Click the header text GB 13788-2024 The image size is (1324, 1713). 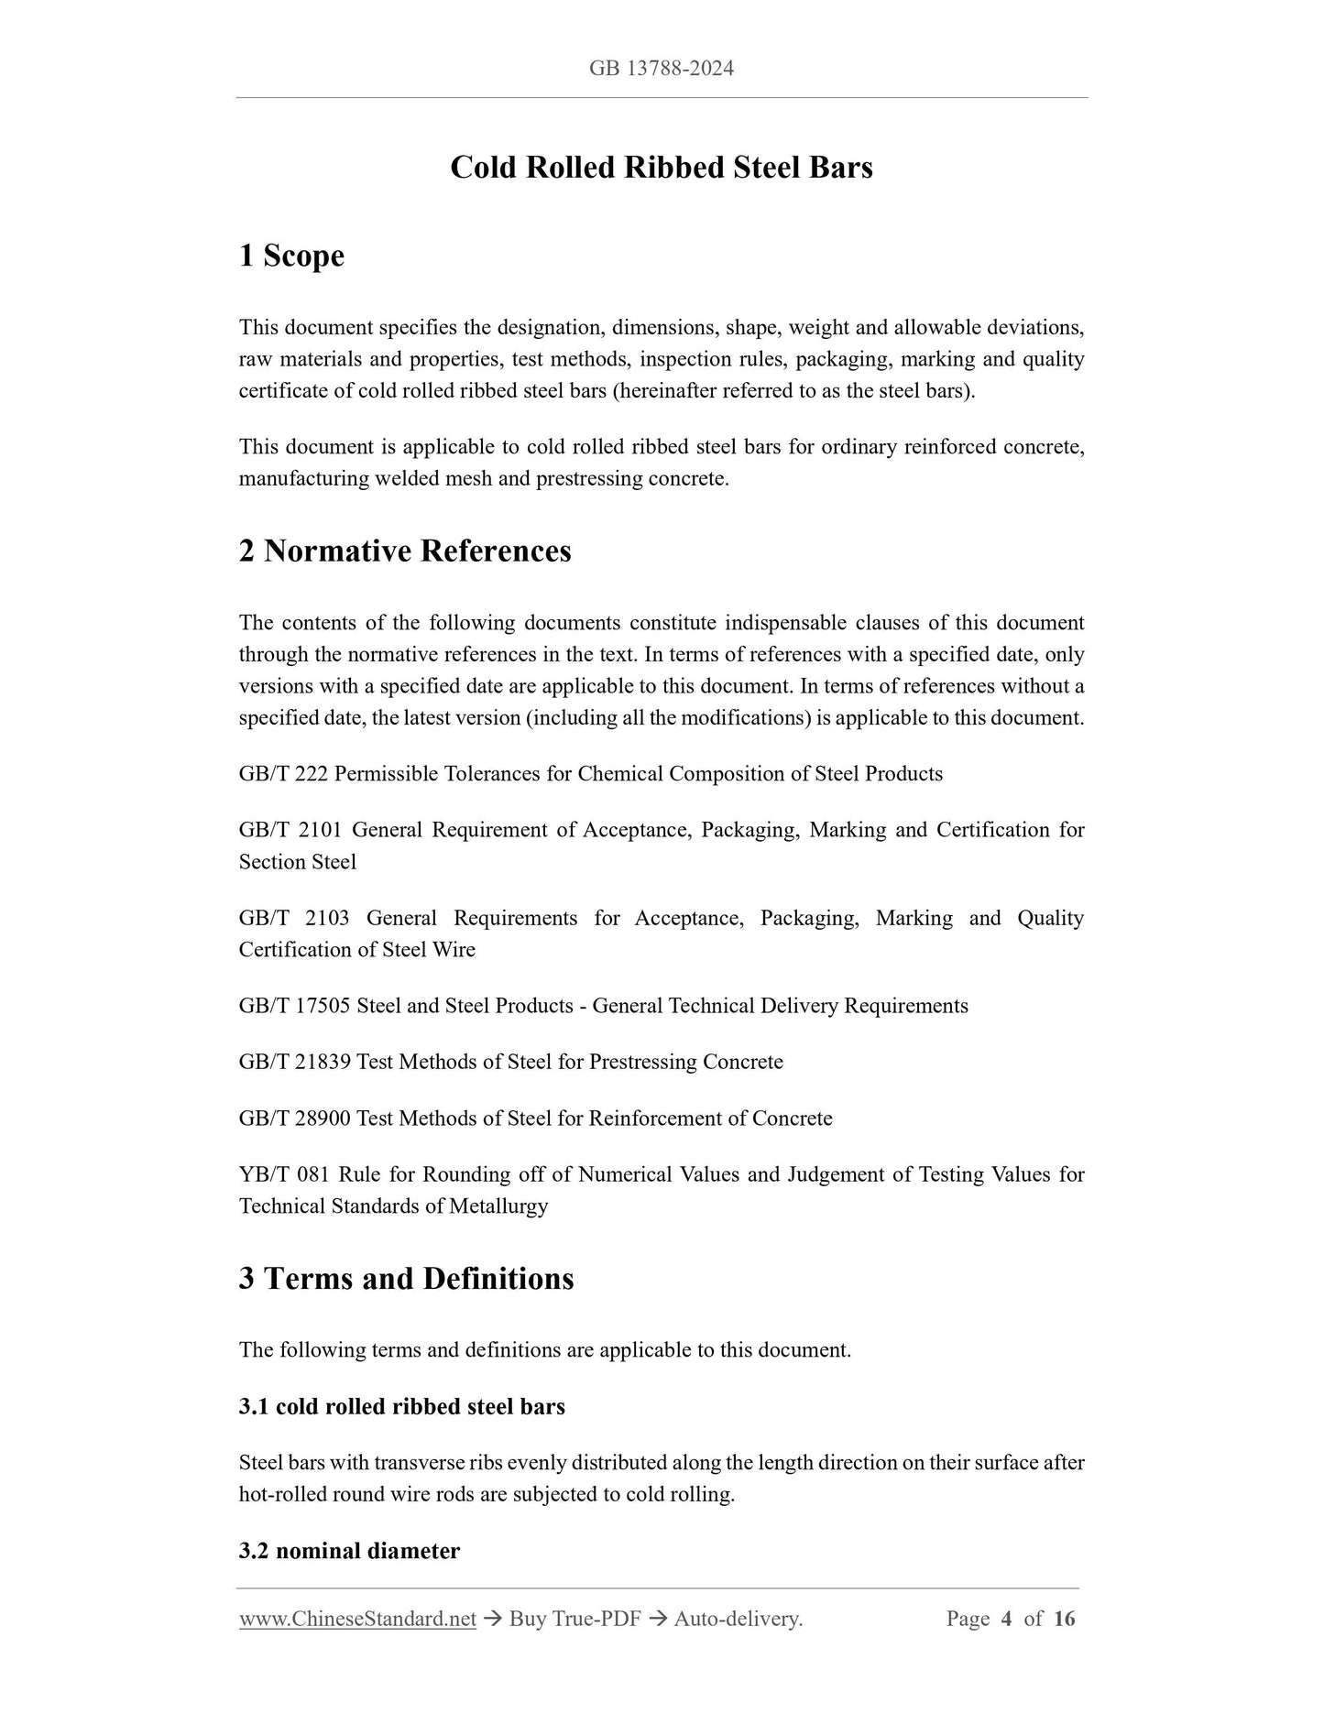coord(661,69)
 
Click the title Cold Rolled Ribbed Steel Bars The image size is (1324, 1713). coord(661,168)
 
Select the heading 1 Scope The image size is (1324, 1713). coord(291,256)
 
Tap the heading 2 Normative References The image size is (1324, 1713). coord(404,551)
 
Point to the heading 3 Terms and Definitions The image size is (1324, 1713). coord(406,1279)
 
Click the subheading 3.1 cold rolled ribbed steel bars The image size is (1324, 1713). coord(401,1406)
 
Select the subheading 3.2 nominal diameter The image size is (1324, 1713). coord(349,1551)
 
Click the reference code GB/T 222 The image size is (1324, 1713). coord(283,774)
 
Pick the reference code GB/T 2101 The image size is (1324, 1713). coord(290,830)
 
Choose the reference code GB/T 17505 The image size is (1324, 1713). coord(294,1006)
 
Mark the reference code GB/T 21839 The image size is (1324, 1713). coord(294,1062)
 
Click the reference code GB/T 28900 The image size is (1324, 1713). coord(294,1118)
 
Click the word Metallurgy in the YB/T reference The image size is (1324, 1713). coord(498,1206)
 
